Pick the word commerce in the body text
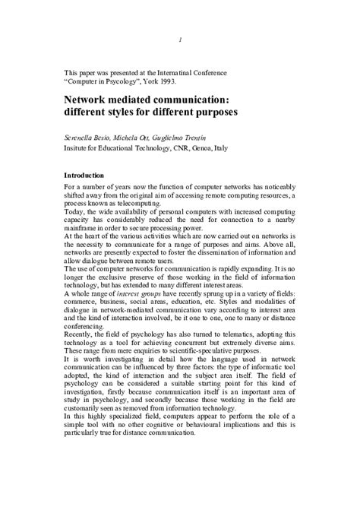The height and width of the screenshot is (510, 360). (x=84, y=304)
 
